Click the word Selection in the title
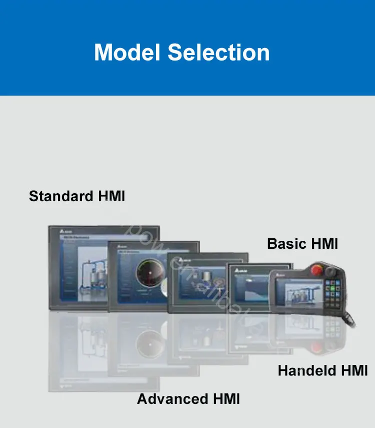pyautogui.click(x=218, y=53)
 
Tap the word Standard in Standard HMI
pyautogui.click(x=60, y=196)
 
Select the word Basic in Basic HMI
pyautogui.click(x=287, y=244)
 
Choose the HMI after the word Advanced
pyautogui.click(x=226, y=399)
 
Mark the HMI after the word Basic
pyautogui.click(x=324, y=244)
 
